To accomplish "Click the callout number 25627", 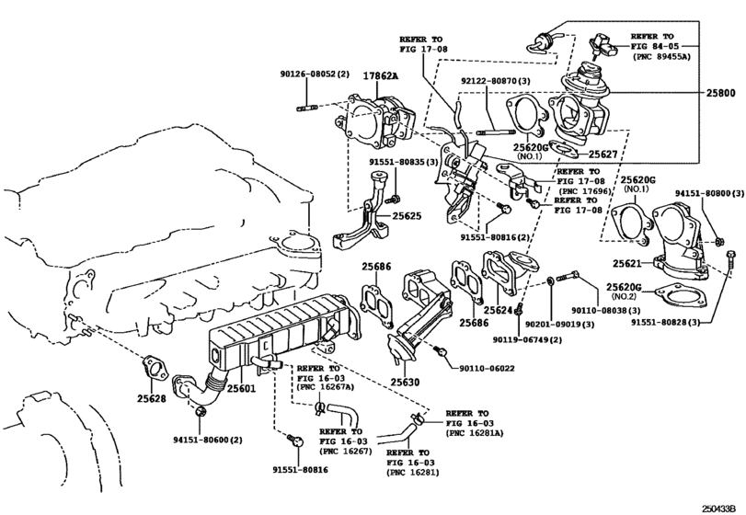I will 604,155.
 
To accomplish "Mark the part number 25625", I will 405,217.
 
